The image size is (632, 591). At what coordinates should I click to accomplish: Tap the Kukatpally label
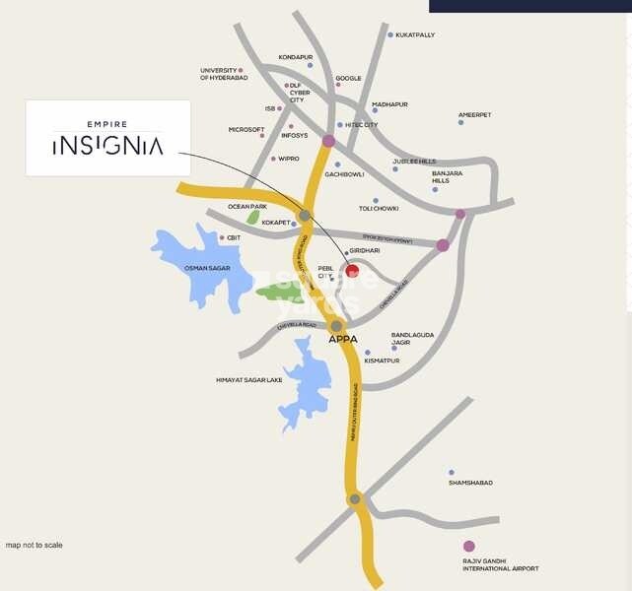[414, 34]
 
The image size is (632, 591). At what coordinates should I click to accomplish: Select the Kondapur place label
[295, 57]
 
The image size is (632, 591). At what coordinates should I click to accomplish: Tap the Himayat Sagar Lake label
[248, 379]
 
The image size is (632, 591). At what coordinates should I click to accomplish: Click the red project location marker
[352, 271]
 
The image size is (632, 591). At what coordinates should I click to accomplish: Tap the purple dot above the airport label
[468, 546]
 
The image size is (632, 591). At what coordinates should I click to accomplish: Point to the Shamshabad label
[470, 483]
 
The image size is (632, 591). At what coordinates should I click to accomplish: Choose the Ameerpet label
[474, 114]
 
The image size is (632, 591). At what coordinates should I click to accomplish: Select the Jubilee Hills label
[414, 161]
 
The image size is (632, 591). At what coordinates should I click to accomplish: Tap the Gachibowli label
[344, 174]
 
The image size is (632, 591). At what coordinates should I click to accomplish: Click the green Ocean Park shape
[253, 218]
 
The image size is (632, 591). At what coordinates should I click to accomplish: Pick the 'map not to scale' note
[34, 545]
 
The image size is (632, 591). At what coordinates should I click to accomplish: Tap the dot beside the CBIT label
[222, 237]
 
